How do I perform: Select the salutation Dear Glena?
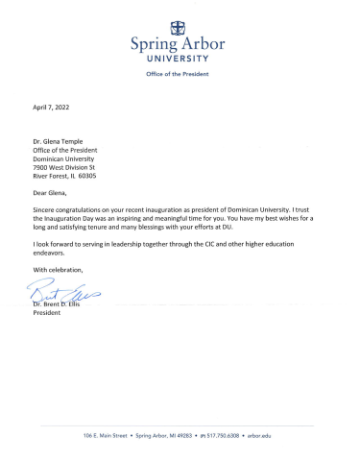click(x=55, y=192)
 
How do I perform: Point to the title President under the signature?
click(x=48, y=314)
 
